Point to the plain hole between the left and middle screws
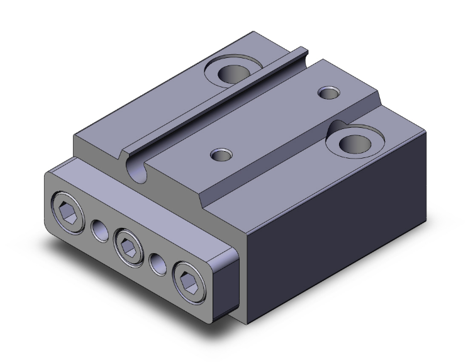click(x=99, y=231)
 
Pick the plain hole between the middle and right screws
click(x=157, y=261)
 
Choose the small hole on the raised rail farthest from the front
click(x=327, y=93)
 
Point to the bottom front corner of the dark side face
click(x=247, y=324)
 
